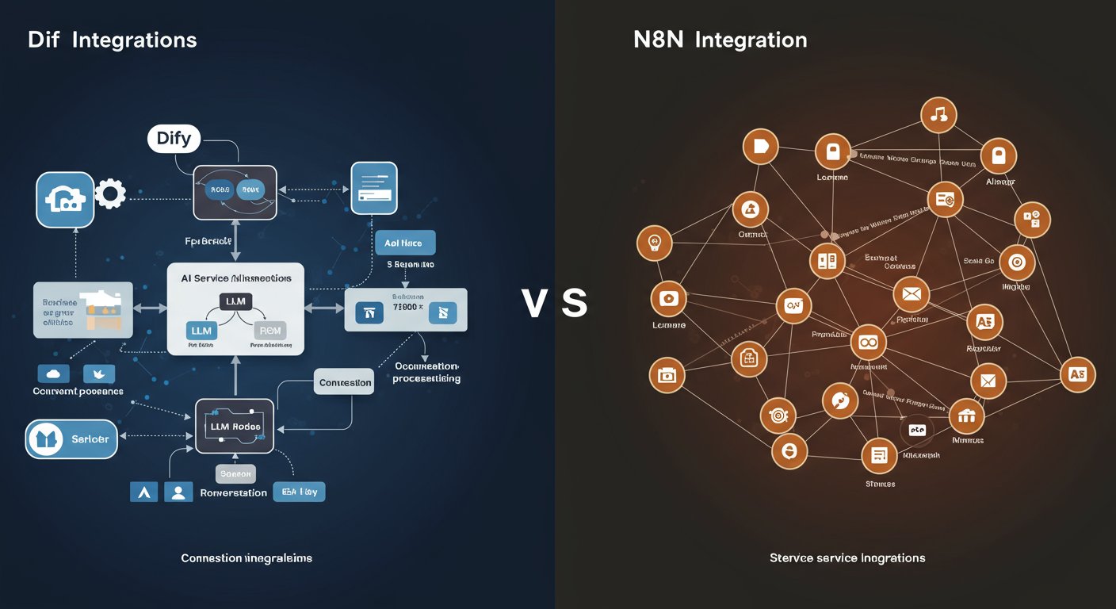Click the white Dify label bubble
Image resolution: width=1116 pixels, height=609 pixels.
pyautogui.click(x=174, y=140)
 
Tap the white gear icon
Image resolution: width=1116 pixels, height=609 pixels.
pyautogui.click(x=110, y=193)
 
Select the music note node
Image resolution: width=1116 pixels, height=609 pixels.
pyautogui.click(x=938, y=114)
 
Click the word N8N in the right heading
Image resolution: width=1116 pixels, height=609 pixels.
pyautogui.click(x=659, y=40)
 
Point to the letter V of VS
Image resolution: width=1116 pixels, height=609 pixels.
pyautogui.click(x=535, y=304)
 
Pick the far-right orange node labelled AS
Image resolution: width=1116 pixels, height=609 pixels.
pyautogui.click(x=1076, y=374)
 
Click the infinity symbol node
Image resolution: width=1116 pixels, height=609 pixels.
pyautogui.click(x=869, y=343)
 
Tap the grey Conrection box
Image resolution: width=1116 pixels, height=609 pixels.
pyautogui.click(x=345, y=382)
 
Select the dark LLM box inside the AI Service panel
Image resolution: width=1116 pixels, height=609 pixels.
pyautogui.click(x=235, y=301)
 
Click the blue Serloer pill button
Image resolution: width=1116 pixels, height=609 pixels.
pyautogui.click(x=72, y=439)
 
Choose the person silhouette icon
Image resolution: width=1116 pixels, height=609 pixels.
pyautogui.click(x=178, y=492)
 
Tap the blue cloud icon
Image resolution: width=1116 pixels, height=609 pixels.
pyautogui.click(x=54, y=373)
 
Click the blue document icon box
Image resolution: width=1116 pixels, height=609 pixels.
pyautogui.click(x=374, y=188)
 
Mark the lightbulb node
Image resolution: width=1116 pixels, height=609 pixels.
pyautogui.click(x=655, y=243)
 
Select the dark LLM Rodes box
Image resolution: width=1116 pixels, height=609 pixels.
pyautogui.click(x=235, y=427)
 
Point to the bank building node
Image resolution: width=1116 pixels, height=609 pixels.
pyautogui.click(x=965, y=414)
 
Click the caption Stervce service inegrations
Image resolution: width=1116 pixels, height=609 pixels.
pyautogui.click(x=847, y=558)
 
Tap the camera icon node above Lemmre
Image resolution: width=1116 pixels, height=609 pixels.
pyautogui.click(x=668, y=299)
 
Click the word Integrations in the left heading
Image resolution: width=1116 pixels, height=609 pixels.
pyautogui.click(x=134, y=40)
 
